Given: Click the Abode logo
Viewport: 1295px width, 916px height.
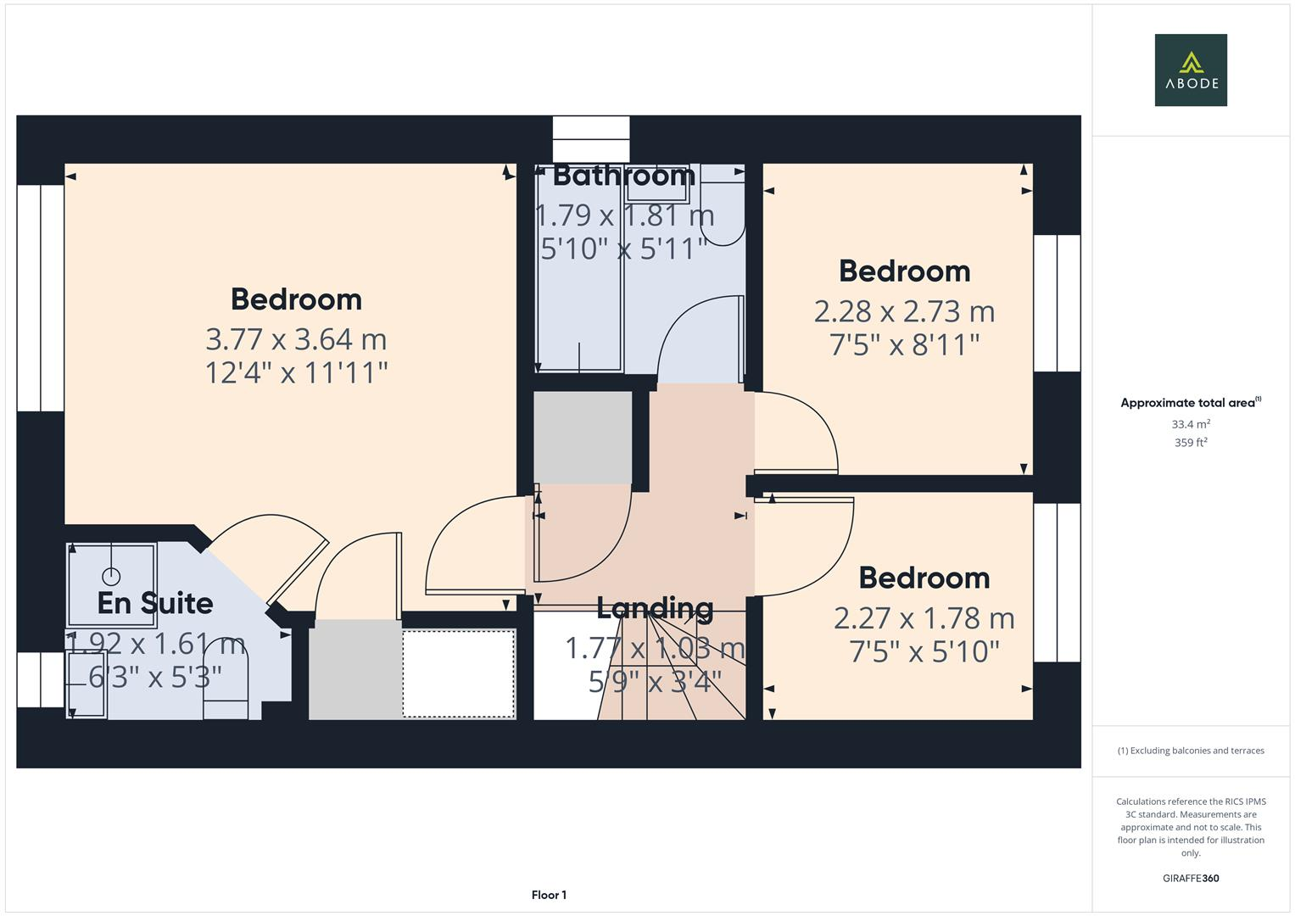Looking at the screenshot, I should (x=1190, y=70).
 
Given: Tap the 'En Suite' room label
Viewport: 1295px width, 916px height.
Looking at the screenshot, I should (x=154, y=603).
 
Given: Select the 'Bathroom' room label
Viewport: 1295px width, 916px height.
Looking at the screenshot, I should (x=623, y=176).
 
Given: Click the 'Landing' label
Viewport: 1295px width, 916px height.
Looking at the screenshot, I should (x=655, y=608).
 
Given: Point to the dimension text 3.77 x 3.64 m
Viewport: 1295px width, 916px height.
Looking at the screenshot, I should (x=296, y=339).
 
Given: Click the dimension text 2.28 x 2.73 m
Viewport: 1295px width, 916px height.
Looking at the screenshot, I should (x=904, y=311).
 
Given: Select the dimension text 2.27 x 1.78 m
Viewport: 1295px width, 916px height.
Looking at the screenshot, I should (x=924, y=618).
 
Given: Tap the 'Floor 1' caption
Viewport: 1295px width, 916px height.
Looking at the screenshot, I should (x=549, y=895).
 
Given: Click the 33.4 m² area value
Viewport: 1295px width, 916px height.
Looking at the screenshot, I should (x=1190, y=424).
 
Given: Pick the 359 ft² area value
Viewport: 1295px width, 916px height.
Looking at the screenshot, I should (x=1190, y=443).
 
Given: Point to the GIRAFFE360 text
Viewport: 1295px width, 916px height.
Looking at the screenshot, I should (x=1190, y=879).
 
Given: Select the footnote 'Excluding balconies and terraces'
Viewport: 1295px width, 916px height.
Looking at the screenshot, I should (x=1190, y=751).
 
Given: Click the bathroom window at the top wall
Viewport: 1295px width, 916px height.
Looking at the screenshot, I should (x=591, y=139).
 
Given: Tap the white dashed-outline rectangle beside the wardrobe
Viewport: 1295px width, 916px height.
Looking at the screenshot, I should (x=458, y=674).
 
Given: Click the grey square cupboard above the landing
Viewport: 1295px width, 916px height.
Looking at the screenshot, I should (x=583, y=437).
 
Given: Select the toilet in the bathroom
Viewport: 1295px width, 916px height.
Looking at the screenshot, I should (x=723, y=216).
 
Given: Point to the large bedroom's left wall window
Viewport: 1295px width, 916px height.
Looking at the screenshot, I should (x=40, y=298).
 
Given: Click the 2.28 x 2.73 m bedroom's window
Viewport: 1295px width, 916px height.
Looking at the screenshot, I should (x=1057, y=303).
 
